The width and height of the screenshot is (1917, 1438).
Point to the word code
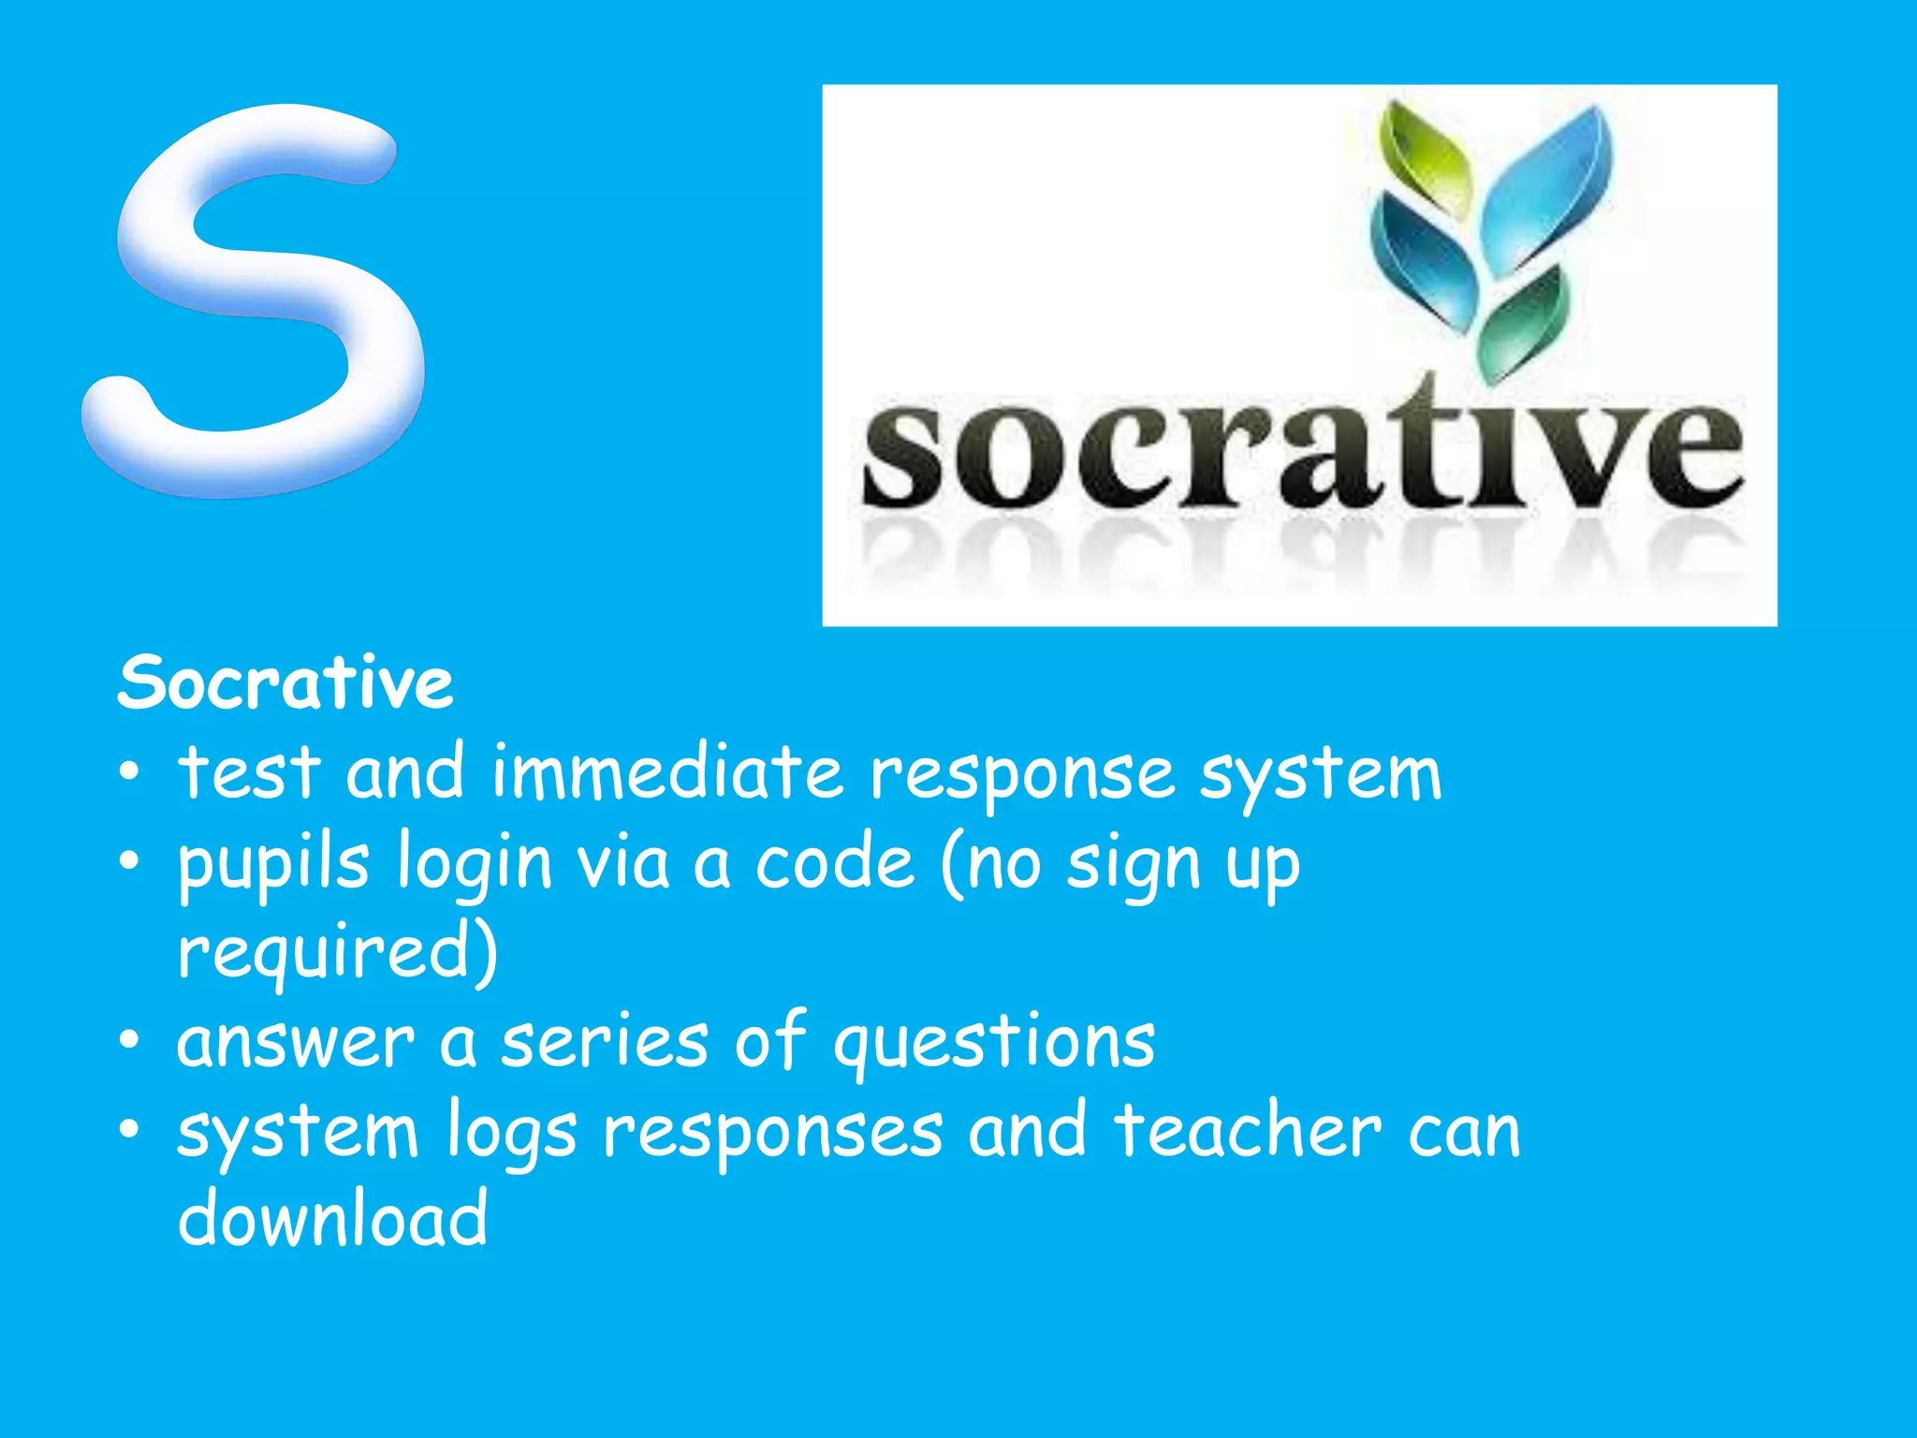click(x=834, y=863)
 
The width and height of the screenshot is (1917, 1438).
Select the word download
click(x=333, y=1219)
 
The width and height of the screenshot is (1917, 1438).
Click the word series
click(x=605, y=1042)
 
